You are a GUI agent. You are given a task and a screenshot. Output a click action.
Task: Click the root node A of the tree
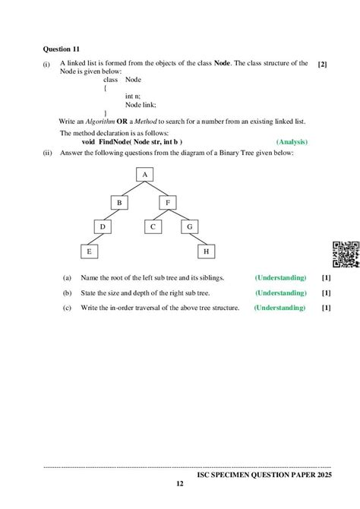coord(144,175)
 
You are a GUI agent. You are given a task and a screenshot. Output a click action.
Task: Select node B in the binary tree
coord(119,203)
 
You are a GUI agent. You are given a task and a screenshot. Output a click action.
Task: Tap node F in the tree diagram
coord(167,203)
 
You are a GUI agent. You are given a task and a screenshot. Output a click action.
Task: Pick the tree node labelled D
coord(102,226)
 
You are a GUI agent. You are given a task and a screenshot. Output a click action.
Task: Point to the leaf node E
coord(88,250)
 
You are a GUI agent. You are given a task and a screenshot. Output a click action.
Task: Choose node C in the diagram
coord(153,226)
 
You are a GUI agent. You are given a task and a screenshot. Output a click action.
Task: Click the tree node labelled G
coord(189,226)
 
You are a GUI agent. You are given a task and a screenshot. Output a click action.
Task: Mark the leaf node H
coord(205,250)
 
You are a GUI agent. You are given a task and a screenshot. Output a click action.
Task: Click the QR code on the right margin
coord(346,254)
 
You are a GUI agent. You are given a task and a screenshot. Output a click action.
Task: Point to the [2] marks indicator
coord(323,65)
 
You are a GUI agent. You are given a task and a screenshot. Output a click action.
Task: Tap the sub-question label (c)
coord(68,308)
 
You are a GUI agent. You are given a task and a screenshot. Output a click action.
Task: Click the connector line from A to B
coord(131,188)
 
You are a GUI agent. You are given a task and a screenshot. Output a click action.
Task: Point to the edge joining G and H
coord(197,238)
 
